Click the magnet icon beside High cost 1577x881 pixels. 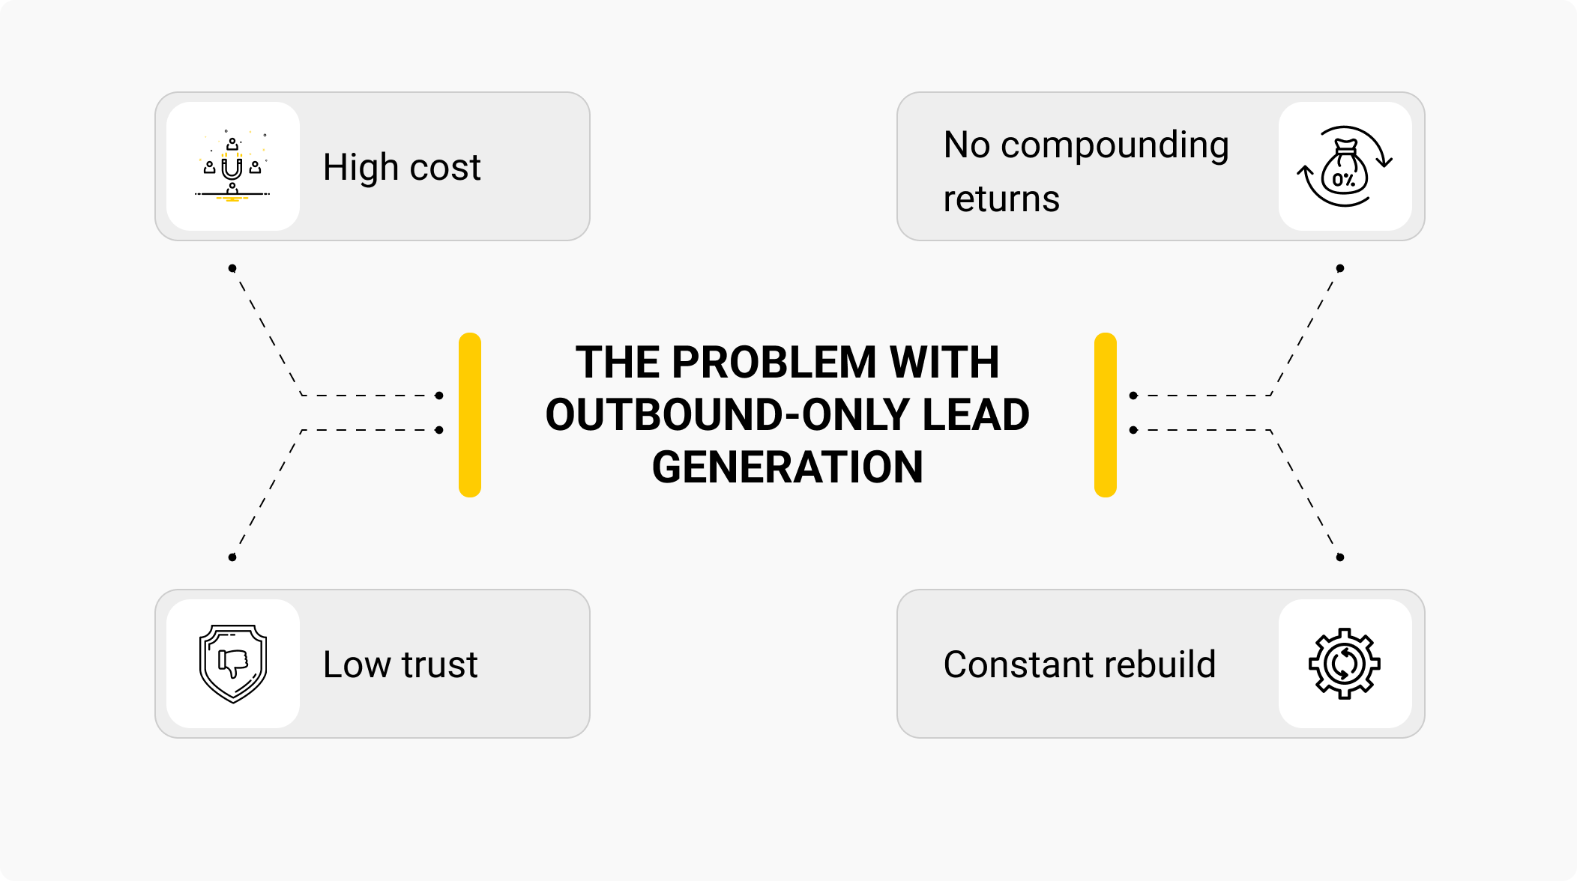pyautogui.click(x=232, y=166)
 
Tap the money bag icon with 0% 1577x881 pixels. pyautogui.click(x=1345, y=166)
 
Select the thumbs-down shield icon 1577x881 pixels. pyautogui.click(x=233, y=664)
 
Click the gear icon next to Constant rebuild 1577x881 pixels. pyautogui.click(x=1345, y=664)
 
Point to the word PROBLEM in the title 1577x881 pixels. pyautogui.click(x=774, y=363)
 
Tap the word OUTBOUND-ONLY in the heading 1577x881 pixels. pyautogui.click(x=727, y=415)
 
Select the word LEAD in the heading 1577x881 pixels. pyautogui.click(x=976, y=415)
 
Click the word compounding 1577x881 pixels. pyautogui.click(x=1115, y=145)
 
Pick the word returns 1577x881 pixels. pyautogui.click(x=1001, y=199)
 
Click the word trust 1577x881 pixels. pyautogui.click(x=439, y=664)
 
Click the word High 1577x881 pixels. pyautogui.click(x=360, y=167)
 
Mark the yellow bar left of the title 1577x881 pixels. pyautogui.click(x=470, y=414)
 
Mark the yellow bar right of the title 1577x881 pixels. pyautogui.click(x=1106, y=414)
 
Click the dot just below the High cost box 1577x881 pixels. pyautogui.click(x=232, y=268)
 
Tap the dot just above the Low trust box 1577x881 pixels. pyautogui.click(x=232, y=557)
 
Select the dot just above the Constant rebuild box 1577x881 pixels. pyautogui.click(x=1340, y=557)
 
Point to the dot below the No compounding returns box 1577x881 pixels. pyautogui.click(x=1340, y=268)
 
